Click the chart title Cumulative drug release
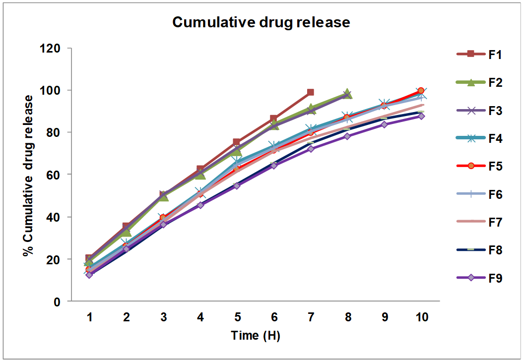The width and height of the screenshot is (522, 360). click(261, 22)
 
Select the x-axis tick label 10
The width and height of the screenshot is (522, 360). click(421, 317)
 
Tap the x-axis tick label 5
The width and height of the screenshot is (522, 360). click(237, 317)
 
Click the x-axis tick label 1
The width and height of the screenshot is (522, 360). click(90, 317)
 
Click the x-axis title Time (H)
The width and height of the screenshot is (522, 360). click(256, 336)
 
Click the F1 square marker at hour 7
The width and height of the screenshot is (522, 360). click(311, 92)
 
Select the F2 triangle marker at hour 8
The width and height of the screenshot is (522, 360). click(347, 94)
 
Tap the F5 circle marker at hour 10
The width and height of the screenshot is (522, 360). click(421, 91)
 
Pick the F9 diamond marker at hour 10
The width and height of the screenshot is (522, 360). click(421, 116)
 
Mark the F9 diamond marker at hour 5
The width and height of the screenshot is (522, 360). click(237, 186)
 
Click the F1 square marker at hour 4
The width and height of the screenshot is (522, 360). click(200, 170)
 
